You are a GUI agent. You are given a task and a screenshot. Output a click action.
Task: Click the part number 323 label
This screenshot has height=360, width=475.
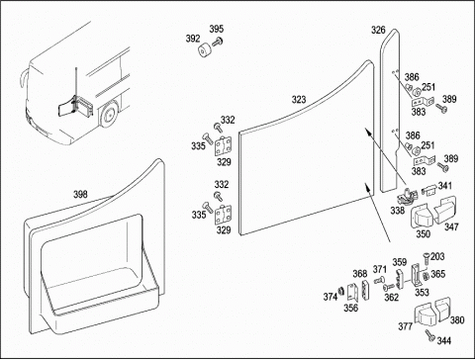point(299,99)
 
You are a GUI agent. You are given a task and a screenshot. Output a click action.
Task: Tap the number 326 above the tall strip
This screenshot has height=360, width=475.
point(378,30)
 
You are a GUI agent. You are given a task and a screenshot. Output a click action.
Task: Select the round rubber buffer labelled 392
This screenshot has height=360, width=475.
point(205,50)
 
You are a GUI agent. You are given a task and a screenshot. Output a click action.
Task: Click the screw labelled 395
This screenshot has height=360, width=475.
point(218,43)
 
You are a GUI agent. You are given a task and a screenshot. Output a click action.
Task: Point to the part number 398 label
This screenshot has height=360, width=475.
point(80,195)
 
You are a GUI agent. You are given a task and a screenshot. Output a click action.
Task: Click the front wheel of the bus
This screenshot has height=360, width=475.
point(108,115)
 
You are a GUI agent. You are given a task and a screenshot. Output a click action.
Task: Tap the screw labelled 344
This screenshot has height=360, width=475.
point(430,335)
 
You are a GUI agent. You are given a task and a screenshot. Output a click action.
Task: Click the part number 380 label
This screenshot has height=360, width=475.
point(457,319)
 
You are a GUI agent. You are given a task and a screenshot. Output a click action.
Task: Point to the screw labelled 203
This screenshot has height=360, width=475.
point(427,258)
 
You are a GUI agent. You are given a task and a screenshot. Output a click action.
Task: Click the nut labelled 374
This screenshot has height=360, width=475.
point(341,290)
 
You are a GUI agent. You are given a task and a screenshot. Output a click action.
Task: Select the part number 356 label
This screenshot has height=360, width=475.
point(350,308)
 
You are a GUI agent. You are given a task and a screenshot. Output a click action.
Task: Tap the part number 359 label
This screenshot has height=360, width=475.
point(400,262)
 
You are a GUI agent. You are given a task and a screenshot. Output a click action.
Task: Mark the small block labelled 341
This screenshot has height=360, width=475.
point(428,190)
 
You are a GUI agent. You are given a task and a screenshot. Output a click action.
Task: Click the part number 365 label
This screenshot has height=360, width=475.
point(438,274)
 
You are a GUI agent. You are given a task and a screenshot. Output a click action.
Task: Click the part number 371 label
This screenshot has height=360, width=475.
point(380,269)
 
